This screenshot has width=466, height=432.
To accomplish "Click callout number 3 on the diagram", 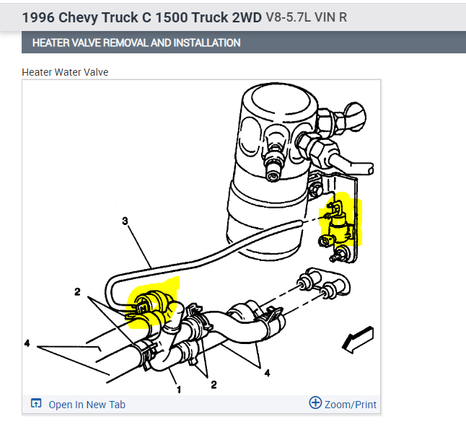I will coord(125,221).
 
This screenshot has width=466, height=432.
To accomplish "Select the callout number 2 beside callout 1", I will coord(214,384).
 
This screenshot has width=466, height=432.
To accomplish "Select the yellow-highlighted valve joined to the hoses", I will coord(150,304).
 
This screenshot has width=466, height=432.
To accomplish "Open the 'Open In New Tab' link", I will coord(87,405).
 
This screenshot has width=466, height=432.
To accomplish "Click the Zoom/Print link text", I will coord(350,405).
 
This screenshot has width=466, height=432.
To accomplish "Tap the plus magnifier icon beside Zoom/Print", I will coord(315,403).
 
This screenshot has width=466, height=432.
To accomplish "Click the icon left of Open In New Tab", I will coord(37,404).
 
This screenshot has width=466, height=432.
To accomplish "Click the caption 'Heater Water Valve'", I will coord(65,72).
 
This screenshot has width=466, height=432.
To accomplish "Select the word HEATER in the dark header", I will coord(52,43).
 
